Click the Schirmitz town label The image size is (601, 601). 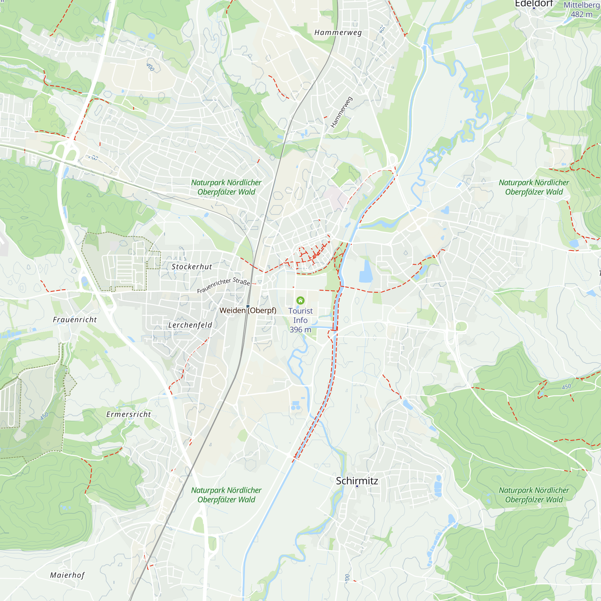click(357, 480)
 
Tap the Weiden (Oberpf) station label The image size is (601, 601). click(248, 310)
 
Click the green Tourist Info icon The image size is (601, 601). click(300, 300)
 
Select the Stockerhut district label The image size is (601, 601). click(192, 267)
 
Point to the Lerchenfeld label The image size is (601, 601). click(190, 325)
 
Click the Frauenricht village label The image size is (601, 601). click(75, 319)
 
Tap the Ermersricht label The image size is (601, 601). click(129, 414)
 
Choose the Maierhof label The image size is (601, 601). click(67, 575)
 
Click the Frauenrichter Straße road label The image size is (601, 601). click(223, 285)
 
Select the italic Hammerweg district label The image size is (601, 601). click(338, 33)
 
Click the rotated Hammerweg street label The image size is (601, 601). click(341, 112)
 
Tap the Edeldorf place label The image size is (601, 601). click(534, 4)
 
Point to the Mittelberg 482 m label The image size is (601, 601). click(581, 10)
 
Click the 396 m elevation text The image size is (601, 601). click(300, 329)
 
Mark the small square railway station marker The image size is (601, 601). click(248, 306)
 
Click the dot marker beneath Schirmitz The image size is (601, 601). click(357, 486)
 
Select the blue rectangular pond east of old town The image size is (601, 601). click(366, 272)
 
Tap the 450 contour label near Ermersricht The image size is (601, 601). click(44, 416)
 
